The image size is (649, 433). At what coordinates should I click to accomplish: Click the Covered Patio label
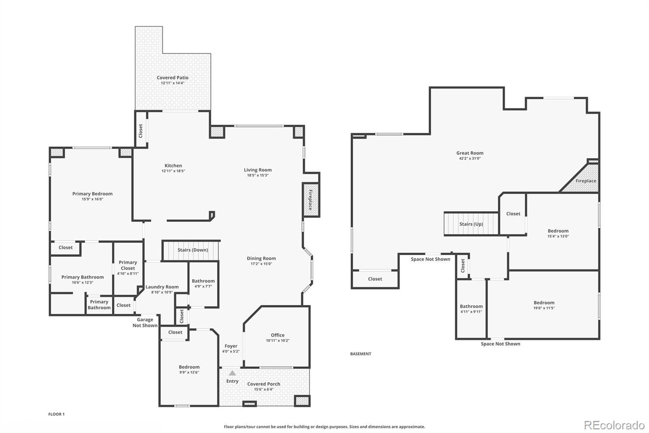[x=172, y=78]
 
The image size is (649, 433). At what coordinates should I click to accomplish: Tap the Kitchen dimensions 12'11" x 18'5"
[x=173, y=171]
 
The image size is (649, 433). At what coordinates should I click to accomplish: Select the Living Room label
[x=258, y=170]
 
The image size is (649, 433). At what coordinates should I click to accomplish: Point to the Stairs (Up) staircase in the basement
[x=471, y=224]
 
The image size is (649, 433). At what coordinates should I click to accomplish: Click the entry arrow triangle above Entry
[x=232, y=373]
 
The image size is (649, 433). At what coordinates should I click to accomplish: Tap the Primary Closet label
[x=128, y=265]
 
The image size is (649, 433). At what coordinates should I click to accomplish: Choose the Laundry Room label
[x=162, y=287]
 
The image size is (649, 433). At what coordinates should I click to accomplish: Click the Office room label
[x=277, y=335]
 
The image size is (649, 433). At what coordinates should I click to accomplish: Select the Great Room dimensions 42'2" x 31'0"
[x=470, y=158]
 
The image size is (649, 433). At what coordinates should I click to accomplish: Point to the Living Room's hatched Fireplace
[x=311, y=200]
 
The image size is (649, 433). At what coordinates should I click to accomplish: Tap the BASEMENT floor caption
[x=361, y=354]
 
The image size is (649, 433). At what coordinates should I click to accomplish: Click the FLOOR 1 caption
[x=56, y=414]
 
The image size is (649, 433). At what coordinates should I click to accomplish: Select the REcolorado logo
[x=614, y=425]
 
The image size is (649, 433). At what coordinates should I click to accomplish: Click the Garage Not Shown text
[x=145, y=323]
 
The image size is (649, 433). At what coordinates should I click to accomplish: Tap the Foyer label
[x=231, y=346]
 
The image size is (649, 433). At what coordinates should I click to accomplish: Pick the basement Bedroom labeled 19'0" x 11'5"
[x=544, y=305]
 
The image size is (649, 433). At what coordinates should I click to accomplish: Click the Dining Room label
[x=261, y=258]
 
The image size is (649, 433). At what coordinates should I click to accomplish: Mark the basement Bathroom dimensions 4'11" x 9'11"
[x=471, y=312]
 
